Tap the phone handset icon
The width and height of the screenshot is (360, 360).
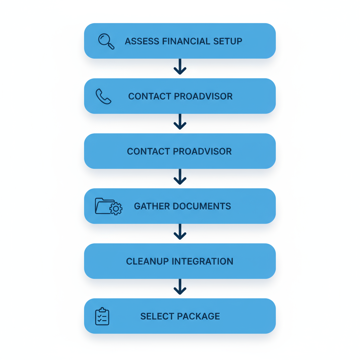103,96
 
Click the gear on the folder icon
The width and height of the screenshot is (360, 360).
116,209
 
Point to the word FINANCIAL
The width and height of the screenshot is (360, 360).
186,41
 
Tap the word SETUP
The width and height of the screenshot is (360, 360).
228,41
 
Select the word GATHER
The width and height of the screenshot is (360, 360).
152,206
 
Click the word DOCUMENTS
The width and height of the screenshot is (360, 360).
202,206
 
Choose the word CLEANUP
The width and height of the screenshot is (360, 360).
147,261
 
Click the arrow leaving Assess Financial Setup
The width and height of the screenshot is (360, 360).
180,66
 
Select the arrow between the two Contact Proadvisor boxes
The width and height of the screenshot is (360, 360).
180,122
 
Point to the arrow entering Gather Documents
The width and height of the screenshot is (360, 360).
180,177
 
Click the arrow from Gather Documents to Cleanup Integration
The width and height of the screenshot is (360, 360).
180,232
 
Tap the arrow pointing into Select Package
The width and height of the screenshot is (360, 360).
180,287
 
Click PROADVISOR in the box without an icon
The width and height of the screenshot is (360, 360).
202,152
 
